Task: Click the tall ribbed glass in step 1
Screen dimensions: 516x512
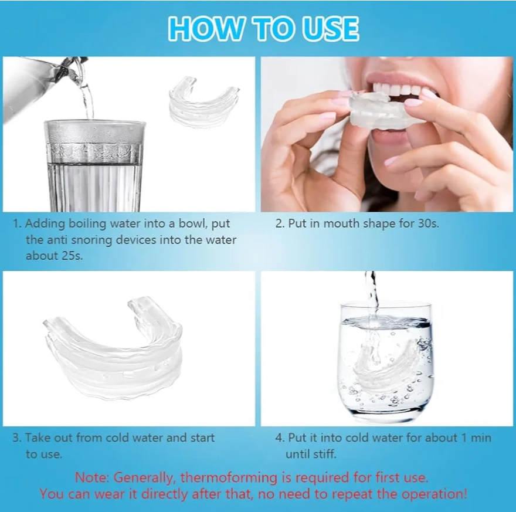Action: (95, 166)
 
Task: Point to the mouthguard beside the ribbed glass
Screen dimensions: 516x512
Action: (204, 102)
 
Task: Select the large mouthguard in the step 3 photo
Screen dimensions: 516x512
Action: (113, 347)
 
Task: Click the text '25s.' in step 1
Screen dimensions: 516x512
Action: (72, 256)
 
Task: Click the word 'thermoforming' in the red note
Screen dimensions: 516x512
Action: (229, 477)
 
